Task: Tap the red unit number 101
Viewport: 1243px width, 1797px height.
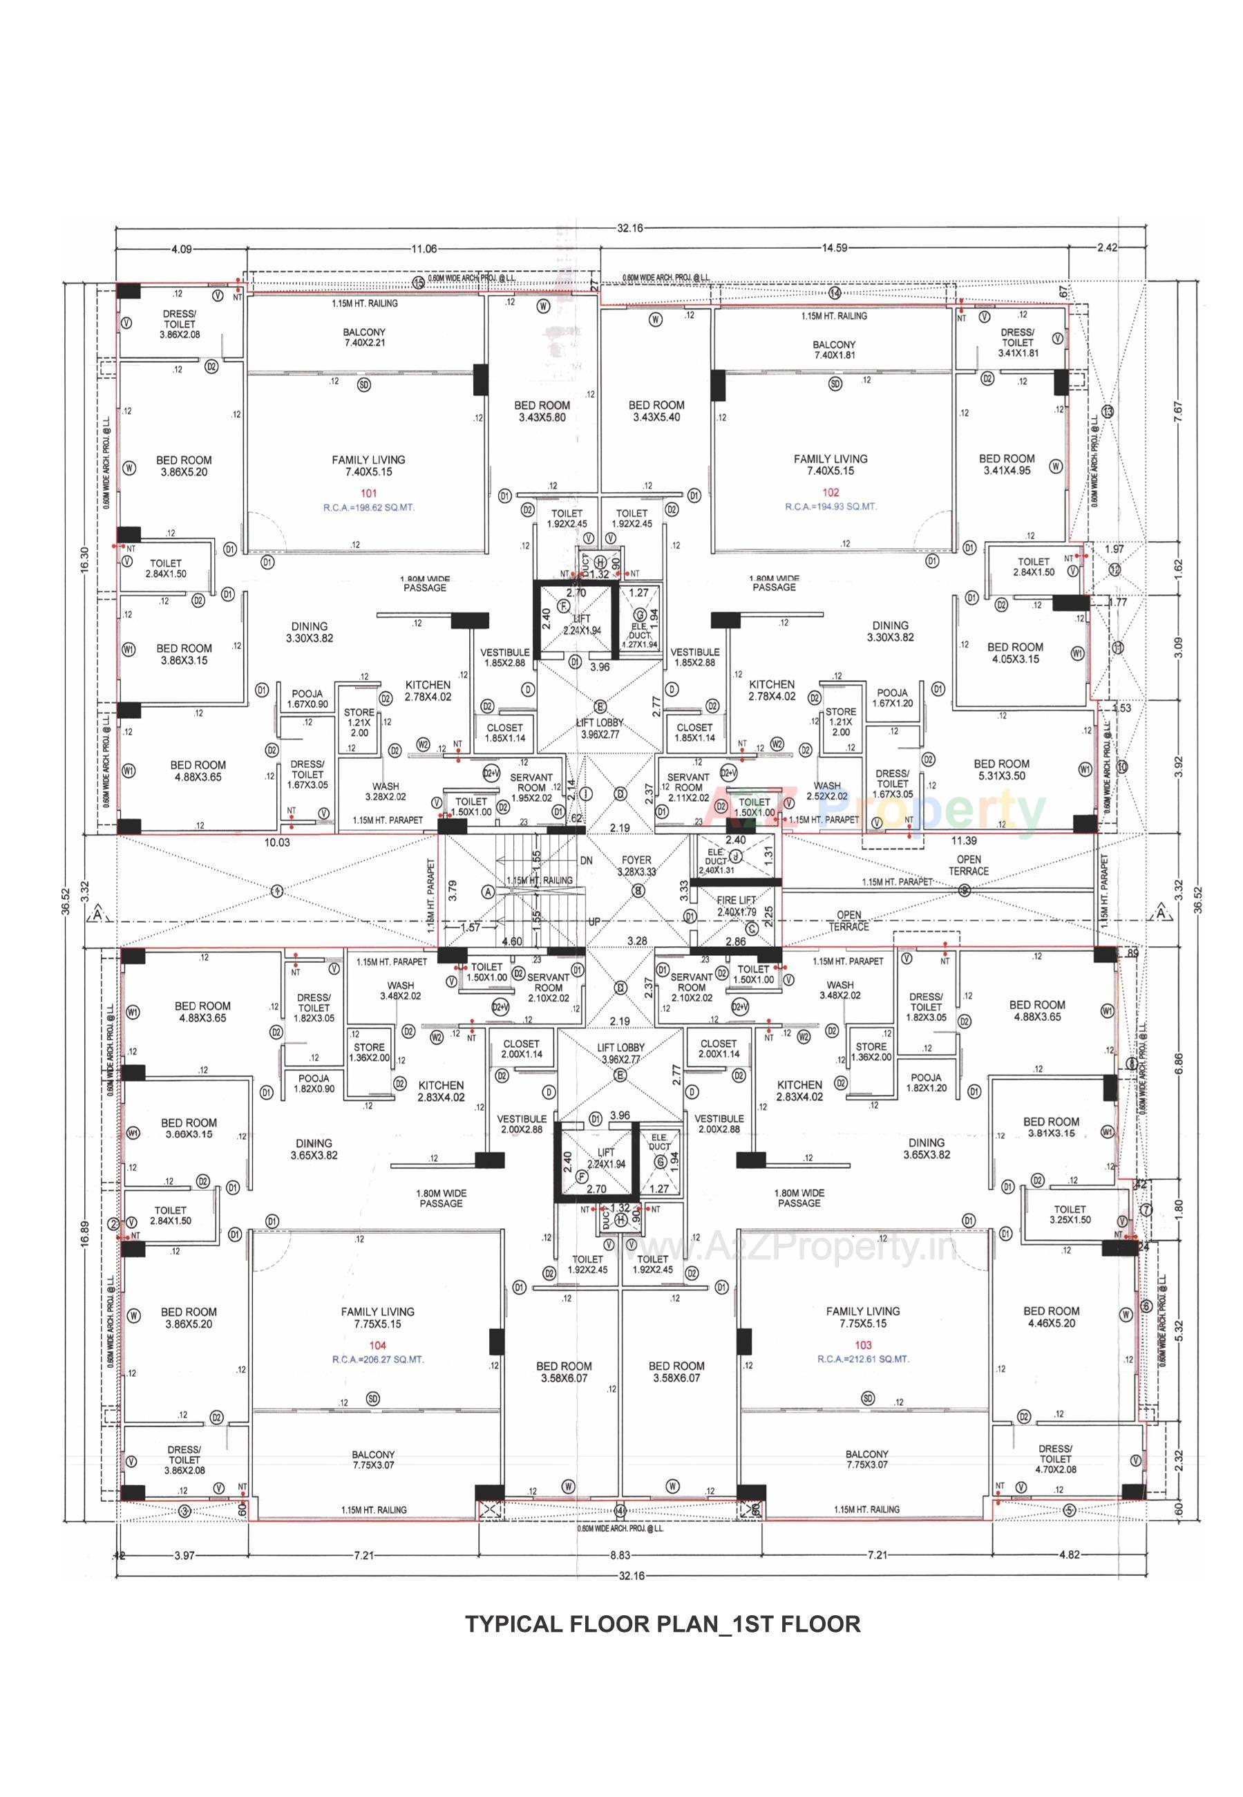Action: coord(368,493)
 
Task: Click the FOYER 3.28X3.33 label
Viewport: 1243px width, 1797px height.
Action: coord(636,865)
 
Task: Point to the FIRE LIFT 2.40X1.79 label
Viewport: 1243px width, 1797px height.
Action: coord(736,905)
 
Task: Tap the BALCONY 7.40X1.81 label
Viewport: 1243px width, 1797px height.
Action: coord(833,350)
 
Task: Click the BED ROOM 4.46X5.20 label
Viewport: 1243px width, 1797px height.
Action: coord(1051,1317)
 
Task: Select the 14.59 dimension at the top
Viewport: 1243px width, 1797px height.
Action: coord(834,249)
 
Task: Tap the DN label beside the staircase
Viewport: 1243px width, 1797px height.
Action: coord(587,860)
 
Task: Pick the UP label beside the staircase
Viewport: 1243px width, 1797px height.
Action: coord(594,921)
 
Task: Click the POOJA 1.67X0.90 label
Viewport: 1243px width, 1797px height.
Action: coord(307,699)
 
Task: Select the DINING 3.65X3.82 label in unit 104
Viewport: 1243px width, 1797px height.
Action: coord(314,1149)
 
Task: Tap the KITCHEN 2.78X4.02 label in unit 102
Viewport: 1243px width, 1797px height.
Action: coord(771,690)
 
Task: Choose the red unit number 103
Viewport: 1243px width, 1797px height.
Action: coord(863,1345)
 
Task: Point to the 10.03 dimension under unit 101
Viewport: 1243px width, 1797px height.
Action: coord(277,842)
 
